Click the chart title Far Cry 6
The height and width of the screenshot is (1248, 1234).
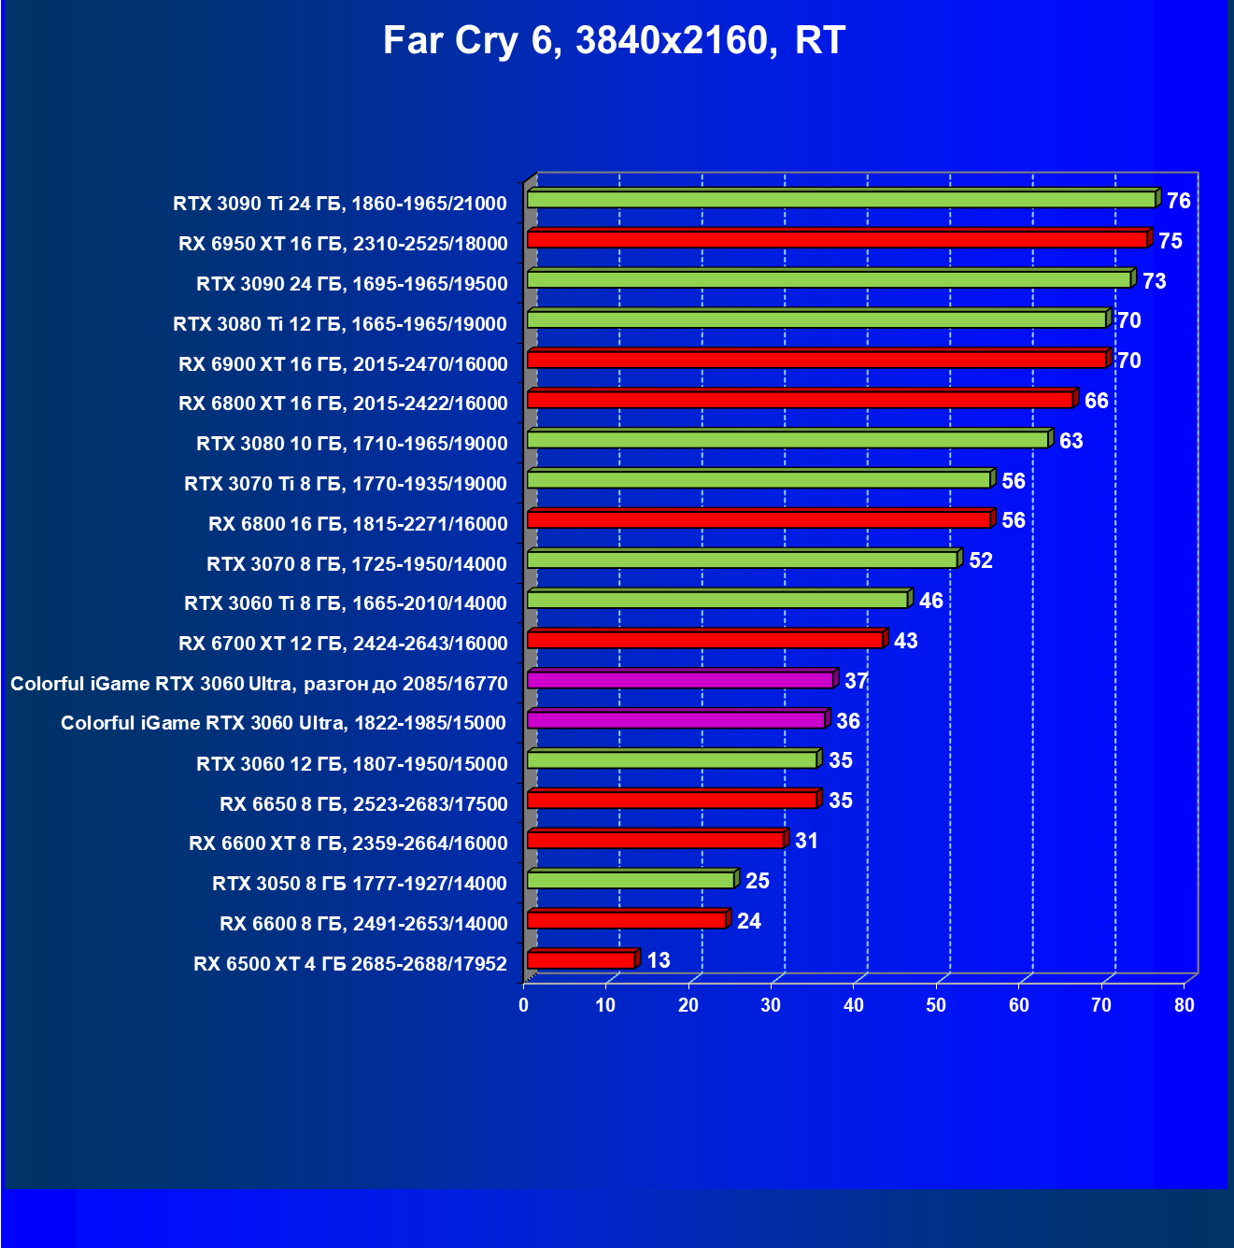click(x=614, y=41)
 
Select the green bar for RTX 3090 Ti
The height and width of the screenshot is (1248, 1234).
click(x=841, y=199)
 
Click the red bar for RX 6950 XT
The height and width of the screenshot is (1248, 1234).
click(x=837, y=239)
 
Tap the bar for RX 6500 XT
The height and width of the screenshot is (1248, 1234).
click(x=581, y=959)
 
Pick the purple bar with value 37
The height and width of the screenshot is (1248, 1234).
click(x=680, y=679)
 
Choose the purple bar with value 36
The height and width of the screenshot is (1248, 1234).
click(x=676, y=719)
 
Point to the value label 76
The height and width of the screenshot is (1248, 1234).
click(x=1179, y=201)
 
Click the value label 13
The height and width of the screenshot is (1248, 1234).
click(x=659, y=960)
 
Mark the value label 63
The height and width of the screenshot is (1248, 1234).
click(x=1071, y=441)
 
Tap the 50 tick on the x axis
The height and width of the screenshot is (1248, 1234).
click(x=936, y=1005)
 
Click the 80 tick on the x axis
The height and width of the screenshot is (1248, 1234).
click(x=1184, y=1005)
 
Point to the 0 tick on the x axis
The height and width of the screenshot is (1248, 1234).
click(x=523, y=1005)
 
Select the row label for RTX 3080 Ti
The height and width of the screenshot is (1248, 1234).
click(x=340, y=324)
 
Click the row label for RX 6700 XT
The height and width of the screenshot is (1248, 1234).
click(x=343, y=644)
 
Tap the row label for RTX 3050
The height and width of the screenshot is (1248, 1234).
click(x=360, y=884)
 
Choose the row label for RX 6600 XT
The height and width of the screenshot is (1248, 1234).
click(x=348, y=844)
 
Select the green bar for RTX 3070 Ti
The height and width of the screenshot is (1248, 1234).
click(x=759, y=479)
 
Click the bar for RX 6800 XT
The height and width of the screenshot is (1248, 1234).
click(x=801, y=400)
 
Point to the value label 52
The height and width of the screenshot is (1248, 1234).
click(x=981, y=560)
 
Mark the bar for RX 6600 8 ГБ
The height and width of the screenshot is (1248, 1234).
click(x=627, y=920)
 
